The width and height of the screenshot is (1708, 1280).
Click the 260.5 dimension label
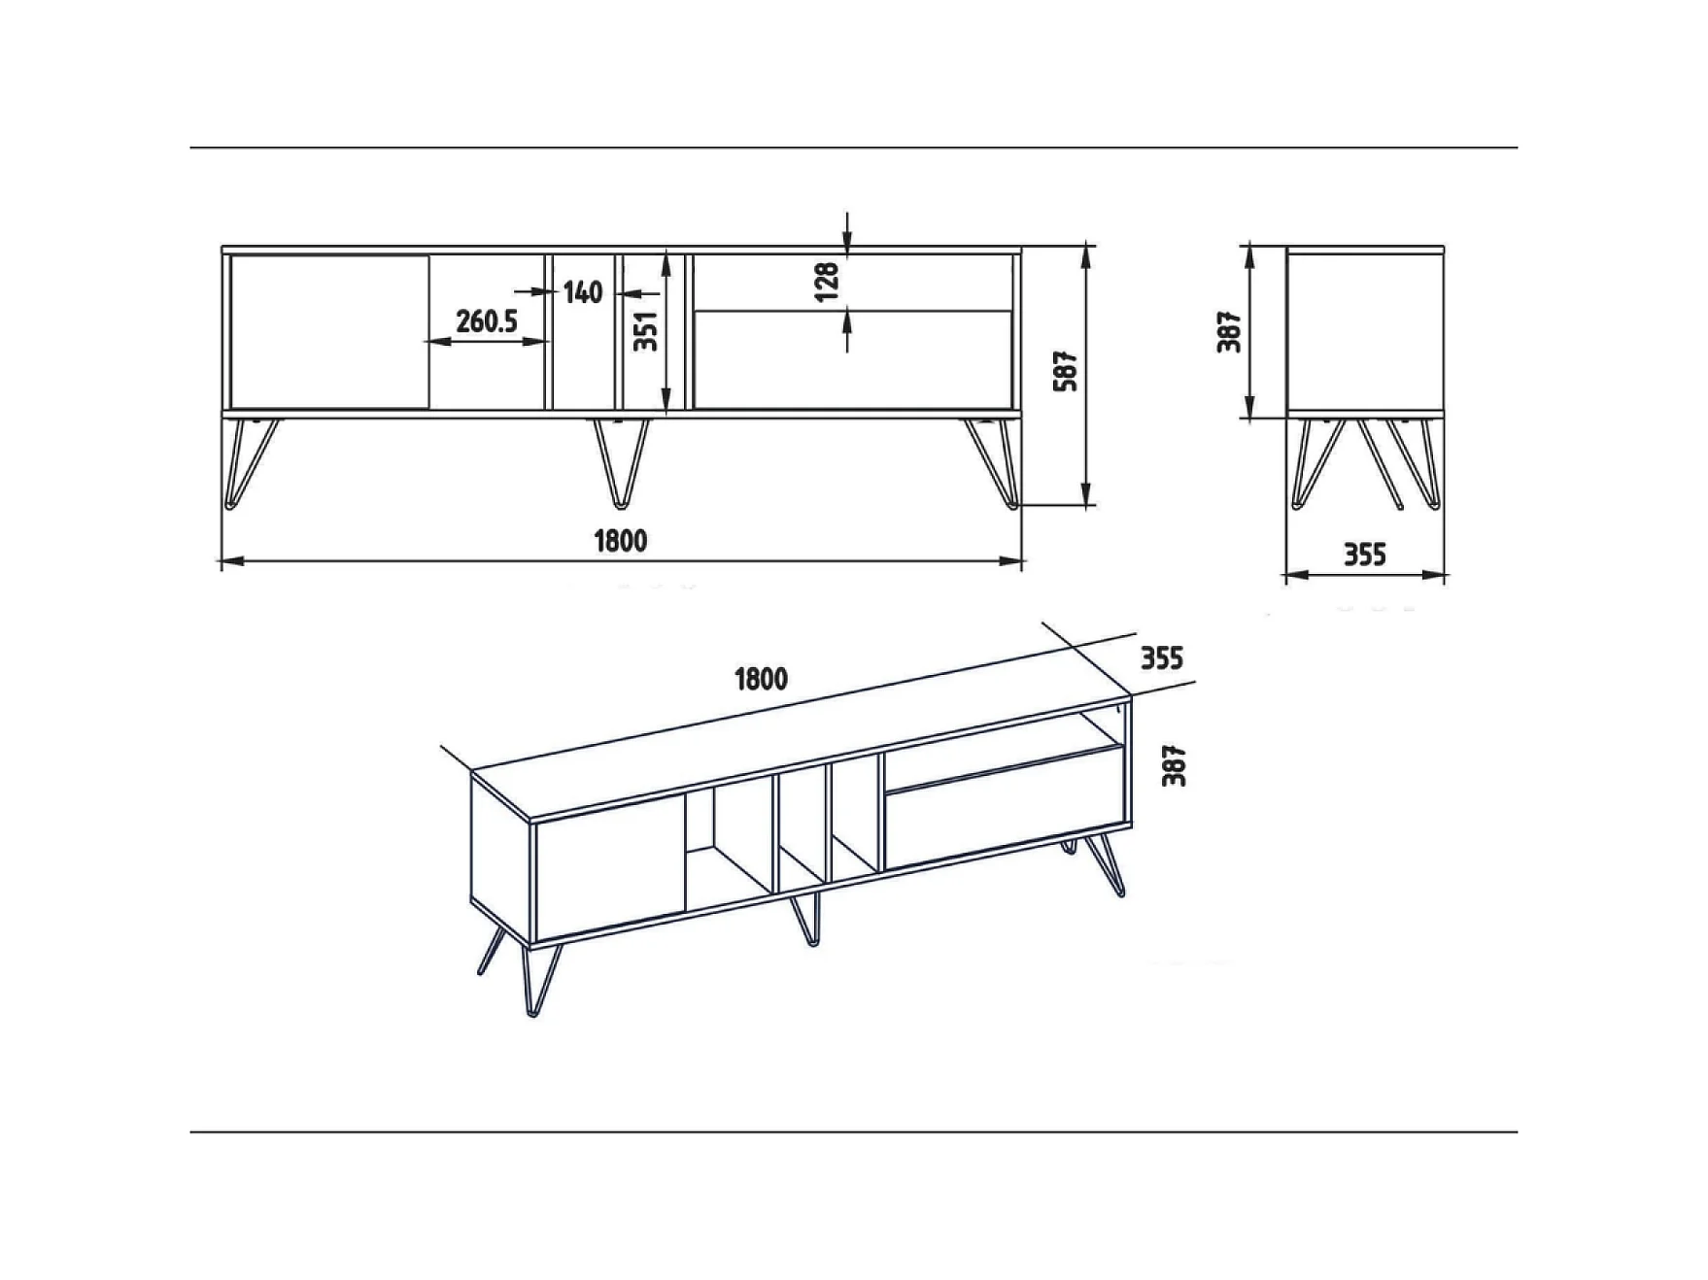(x=487, y=320)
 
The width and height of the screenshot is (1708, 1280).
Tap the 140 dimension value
(x=583, y=291)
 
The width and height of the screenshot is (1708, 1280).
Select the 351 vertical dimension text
(x=646, y=331)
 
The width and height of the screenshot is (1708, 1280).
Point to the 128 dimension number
(x=827, y=282)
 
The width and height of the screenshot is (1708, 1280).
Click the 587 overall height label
(x=1066, y=371)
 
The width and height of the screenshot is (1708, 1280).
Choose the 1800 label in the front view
(x=621, y=540)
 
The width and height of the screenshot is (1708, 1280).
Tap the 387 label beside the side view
(x=1230, y=331)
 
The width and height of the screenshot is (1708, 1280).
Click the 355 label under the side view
(x=1365, y=555)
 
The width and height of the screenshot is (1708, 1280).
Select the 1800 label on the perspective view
(x=762, y=679)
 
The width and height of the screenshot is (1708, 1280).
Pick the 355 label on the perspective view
(x=1162, y=658)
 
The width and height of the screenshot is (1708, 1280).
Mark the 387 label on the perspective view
(x=1175, y=765)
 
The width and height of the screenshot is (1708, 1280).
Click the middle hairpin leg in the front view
(x=622, y=464)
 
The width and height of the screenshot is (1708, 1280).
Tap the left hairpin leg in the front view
(x=252, y=464)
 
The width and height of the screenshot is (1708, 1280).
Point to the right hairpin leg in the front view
(x=992, y=464)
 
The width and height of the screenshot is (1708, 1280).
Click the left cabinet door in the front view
(x=329, y=332)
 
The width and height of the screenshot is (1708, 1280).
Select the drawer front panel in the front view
(x=852, y=360)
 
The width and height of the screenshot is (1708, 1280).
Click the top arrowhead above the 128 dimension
(x=847, y=247)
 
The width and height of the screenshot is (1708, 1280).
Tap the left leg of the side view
(x=1318, y=464)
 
